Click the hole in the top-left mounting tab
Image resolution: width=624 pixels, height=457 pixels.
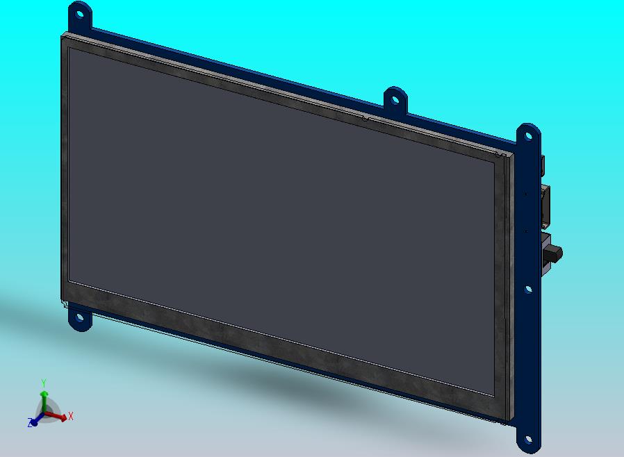tap(80, 13)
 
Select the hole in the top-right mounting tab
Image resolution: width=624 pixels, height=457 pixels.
tap(528, 135)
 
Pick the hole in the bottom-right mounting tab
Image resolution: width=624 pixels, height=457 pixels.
tap(528, 440)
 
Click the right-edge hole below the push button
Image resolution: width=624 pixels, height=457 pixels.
tap(528, 289)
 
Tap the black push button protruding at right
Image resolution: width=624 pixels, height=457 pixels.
tap(555, 254)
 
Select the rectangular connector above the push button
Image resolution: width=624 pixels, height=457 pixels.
tap(546, 206)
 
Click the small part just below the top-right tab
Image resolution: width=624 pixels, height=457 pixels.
tap(543, 166)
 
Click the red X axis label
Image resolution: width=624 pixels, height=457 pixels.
tap(71, 416)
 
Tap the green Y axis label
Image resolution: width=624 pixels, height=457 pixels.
tap(43, 383)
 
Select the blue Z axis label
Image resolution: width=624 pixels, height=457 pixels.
tap(31, 422)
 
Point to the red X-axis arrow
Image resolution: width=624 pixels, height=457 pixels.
tap(58, 417)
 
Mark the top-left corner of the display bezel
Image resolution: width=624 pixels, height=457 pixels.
tap(63, 35)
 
